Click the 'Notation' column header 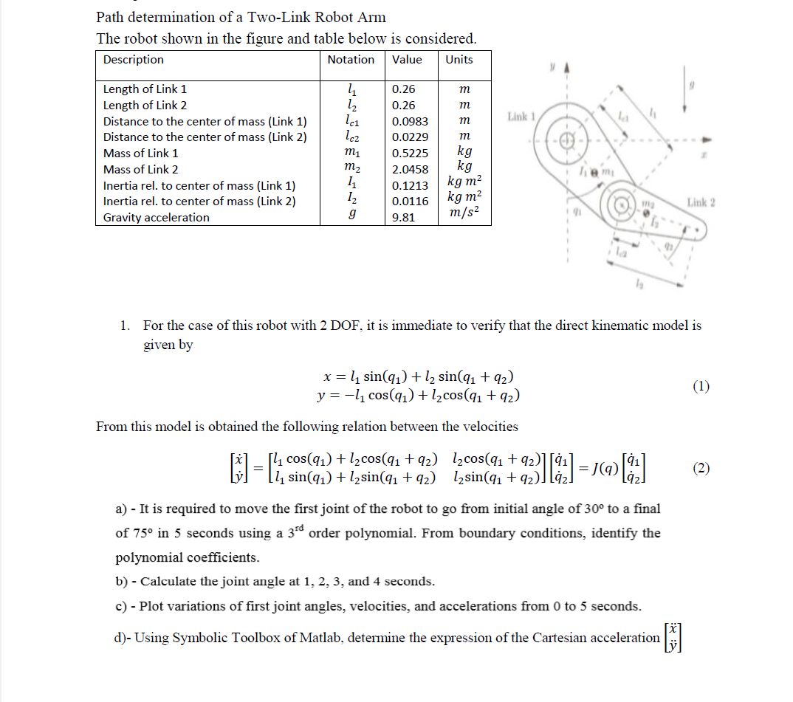(x=351, y=60)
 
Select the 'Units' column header (x=459, y=60)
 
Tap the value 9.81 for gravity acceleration (x=403, y=218)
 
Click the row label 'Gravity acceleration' (x=156, y=218)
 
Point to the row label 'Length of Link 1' (x=145, y=89)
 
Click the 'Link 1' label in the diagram (x=521, y=117)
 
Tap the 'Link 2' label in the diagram (x=701, y=202)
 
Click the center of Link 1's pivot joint (x=566, y=141)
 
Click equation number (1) (x=701, y=386)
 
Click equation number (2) (x=701, y=468)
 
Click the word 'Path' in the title (x=110, y=17)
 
